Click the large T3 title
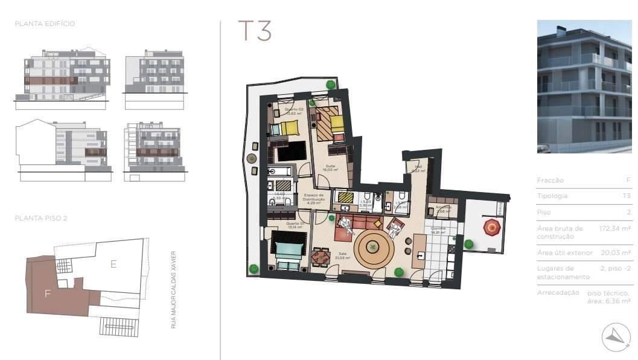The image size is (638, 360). [x=254, y=31]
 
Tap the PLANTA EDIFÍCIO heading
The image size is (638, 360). [x=45, y=24]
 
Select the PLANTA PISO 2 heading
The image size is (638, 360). [x=41, y=218]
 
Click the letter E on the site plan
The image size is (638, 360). [x=112, y=264]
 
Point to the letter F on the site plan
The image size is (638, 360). [x=47, y=294]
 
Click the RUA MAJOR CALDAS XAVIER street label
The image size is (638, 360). [x=173, y=289]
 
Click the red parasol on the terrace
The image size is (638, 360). [x=493, y=228]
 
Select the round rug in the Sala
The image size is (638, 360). [x=374, y=246]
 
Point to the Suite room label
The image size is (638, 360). [x=330, y=167]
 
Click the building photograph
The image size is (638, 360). [x=584, y=86]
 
